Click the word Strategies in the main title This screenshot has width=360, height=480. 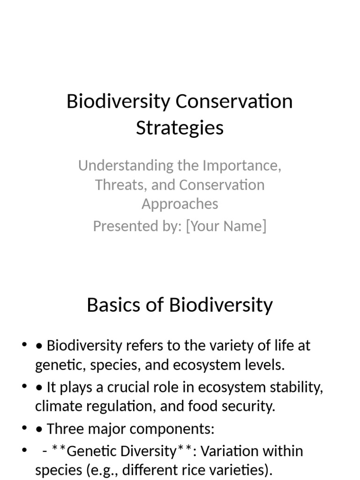(x=180, y=127)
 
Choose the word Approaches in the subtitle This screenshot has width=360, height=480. (x=180, y=204)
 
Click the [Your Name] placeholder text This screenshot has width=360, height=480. (x=226, y=226)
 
